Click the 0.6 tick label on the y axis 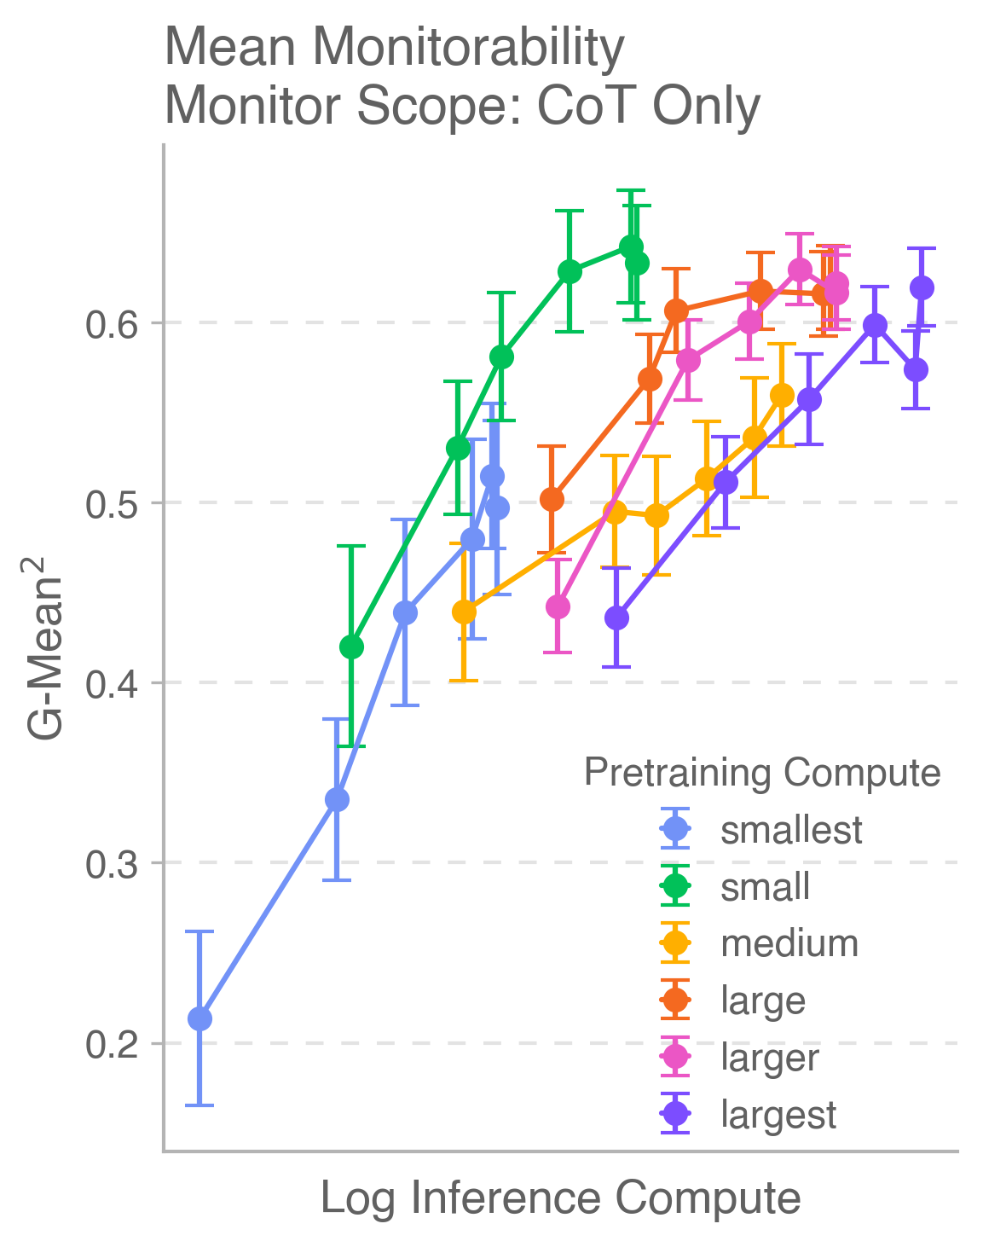point(114,324)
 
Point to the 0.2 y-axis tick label point(114,1044)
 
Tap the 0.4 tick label point(114,684)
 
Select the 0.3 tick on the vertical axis point(114,864)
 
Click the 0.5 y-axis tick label point(114,504)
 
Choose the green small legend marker point(675,887)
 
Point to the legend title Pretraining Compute point(762,773)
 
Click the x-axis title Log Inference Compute point(560,1198)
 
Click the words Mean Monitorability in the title point(394,49)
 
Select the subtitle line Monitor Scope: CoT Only point(461,107)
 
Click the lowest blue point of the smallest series point(199,1018)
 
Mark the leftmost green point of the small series point(351,647)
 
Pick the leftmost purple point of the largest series point(616,618)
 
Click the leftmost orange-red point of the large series point(552,499)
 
